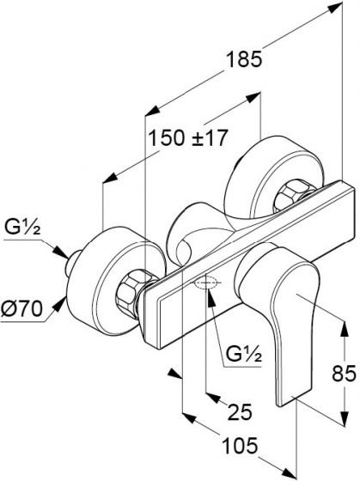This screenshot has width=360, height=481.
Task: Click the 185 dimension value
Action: point(244,59)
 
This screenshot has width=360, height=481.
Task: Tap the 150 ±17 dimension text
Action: point(188,137)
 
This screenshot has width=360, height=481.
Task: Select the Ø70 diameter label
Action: point(21,308)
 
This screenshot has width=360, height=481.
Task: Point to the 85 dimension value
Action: point(344,374)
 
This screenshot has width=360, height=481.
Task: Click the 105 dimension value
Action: point(240,446)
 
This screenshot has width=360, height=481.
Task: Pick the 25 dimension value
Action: point(240,411)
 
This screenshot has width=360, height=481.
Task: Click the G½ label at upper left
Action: point(22,228)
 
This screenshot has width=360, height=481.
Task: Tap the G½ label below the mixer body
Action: point(244,355)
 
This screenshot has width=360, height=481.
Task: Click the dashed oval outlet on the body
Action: point(206,283)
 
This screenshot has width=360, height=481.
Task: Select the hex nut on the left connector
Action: point(131,293)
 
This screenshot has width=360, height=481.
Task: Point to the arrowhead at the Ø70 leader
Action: point(60,304)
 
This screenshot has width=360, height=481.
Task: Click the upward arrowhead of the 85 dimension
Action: point(345,330)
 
